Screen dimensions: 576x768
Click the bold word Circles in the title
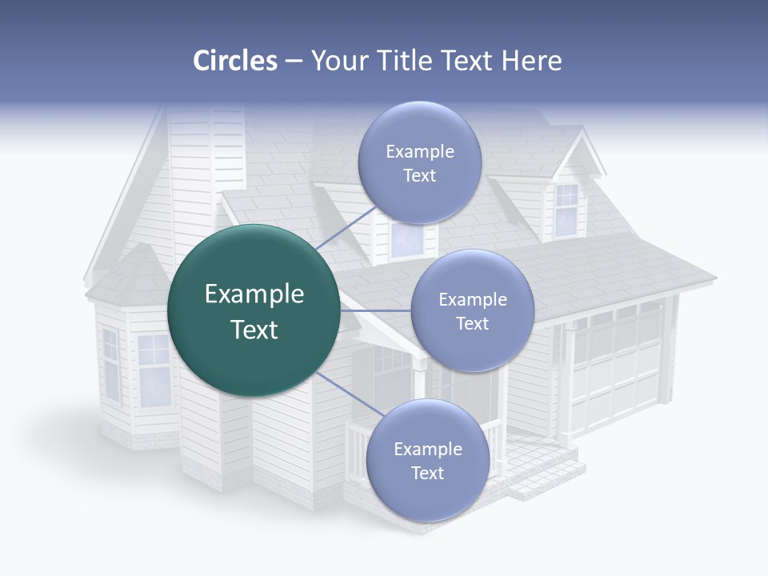(234, 61)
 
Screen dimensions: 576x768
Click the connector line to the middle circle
(376, 310)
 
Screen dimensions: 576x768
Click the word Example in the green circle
(254, 294)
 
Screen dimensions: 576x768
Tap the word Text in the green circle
(254, 330)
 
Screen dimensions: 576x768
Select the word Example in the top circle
(419, 151)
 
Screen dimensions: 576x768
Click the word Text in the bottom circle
(427, 473)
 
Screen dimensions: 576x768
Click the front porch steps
(544, 472)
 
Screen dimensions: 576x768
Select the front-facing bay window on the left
(154, 368)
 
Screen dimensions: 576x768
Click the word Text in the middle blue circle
(472, 323)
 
